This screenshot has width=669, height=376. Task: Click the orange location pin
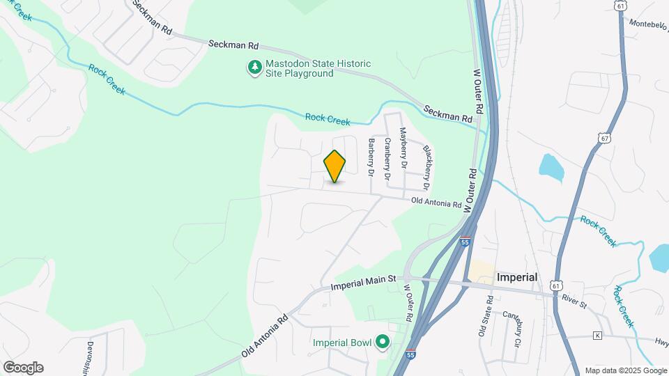click(334, 166)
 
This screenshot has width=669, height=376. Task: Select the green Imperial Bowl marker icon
click(382, 342)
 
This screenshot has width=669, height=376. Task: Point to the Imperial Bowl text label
click(341, 342)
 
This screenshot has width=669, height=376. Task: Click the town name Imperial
click(516, 276)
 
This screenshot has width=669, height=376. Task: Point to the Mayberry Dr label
click(402, 147)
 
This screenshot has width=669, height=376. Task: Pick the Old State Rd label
click(491, 316)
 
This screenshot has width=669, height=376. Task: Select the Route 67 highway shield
click(604, 137)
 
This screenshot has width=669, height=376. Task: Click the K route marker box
click(597, 336)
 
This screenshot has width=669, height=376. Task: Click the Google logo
click(23, 367)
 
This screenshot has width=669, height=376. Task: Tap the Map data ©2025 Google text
click(626, 370)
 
